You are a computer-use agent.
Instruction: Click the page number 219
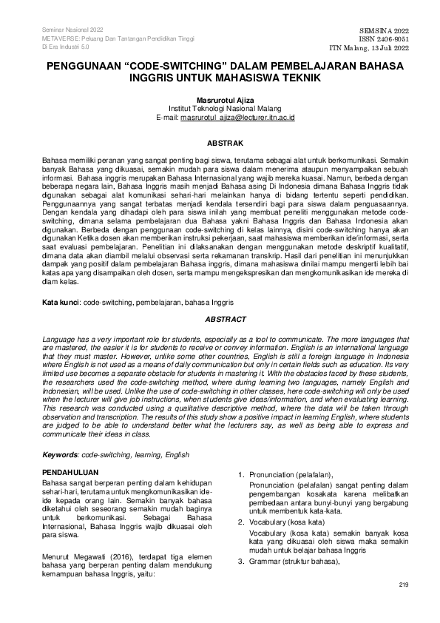coord(403,585)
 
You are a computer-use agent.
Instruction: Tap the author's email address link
coord(238,118)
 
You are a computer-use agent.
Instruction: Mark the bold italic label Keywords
coord(60,454)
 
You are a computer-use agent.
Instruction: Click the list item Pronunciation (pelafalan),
coord(291,474)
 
